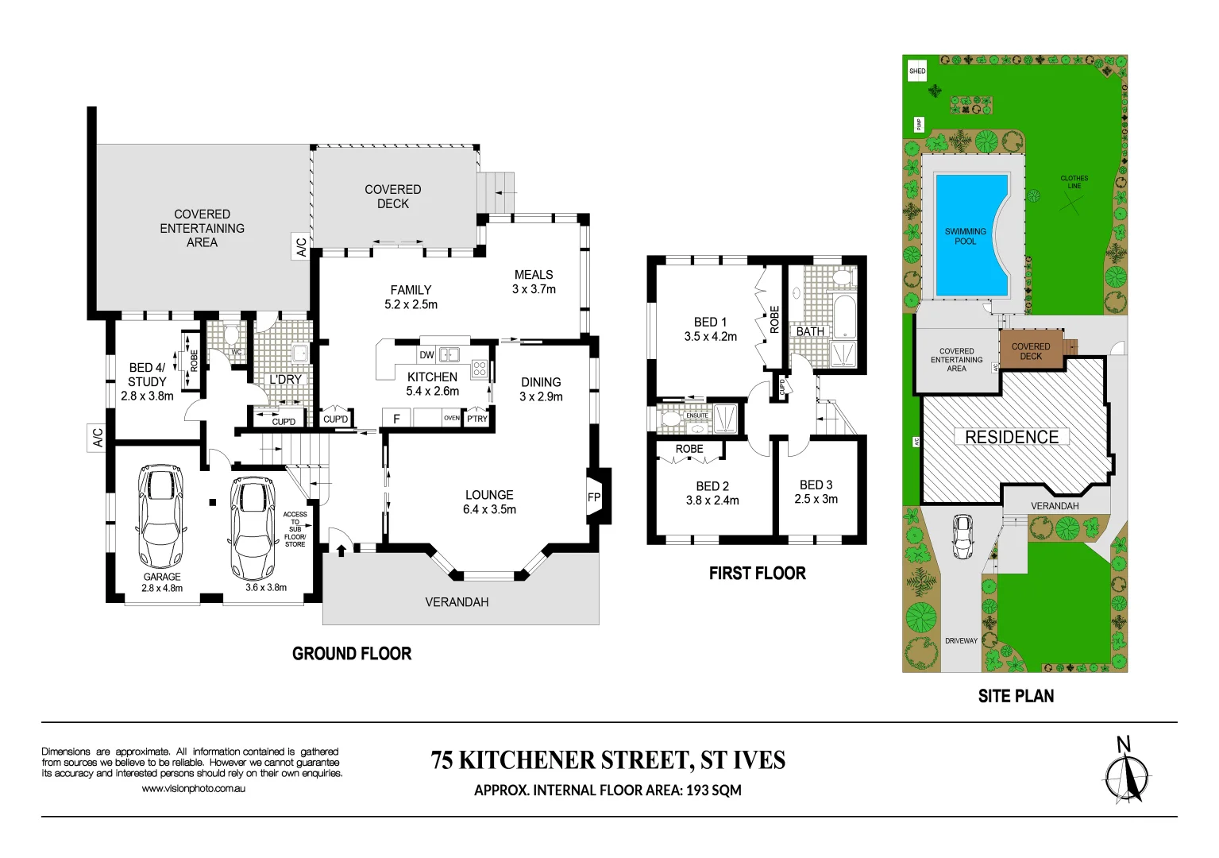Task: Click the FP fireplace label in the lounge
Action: pos(594,498)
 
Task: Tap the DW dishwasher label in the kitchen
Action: pos(426,355)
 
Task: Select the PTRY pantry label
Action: pos(477,419)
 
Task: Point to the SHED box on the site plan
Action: pos(917,71)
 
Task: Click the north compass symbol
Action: pos(1126,775)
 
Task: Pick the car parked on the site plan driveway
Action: pos(962,536)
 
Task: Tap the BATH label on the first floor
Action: pos(810,332)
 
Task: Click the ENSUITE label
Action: pos(696,415)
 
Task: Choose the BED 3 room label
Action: pos(816,492)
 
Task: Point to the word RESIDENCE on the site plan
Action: pos(1012,437)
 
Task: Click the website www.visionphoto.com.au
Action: pos(193,789)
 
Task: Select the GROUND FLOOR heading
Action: pos(352,654)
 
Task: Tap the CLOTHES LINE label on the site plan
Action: pos(1074,182)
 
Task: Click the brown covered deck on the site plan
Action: pos(1031,351)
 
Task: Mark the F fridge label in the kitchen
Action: pos(396,419)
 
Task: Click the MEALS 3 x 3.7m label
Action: pos(534,282)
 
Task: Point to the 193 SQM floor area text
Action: pos(713,790)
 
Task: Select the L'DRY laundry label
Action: pos(285,380)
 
